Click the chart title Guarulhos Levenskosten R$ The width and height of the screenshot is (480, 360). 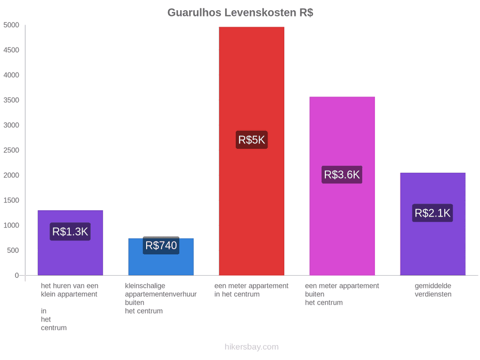coord(240,13)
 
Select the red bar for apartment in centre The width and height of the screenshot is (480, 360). coord(251,151)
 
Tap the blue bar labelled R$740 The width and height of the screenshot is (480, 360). coord(161,257)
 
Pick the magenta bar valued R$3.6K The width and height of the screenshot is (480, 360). coord(342,186)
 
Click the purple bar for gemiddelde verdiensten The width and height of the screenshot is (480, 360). coord(433,224)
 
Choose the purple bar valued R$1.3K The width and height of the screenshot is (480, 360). coord(70,243)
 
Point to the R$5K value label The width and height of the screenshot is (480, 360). coord(251,140)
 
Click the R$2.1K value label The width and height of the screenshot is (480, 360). coord(432,213)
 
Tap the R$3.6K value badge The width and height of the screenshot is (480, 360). coord(342,174)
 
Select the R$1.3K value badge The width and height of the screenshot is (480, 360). coord(70,231)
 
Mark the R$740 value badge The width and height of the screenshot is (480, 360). coord(161,245)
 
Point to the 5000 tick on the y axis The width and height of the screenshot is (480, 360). coord(11,25)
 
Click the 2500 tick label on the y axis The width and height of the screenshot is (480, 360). coord(11,150)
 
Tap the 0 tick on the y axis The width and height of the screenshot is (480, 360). coord(17,275)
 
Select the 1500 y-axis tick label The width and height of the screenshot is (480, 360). coord(11,200)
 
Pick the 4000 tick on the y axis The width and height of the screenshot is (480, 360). coord(11,75)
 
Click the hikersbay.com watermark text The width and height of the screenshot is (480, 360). coord(251,347)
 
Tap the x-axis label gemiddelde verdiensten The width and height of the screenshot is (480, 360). coord(433,290)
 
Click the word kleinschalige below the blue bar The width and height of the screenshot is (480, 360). coord(145,286)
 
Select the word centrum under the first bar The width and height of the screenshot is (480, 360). coord(53,328)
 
